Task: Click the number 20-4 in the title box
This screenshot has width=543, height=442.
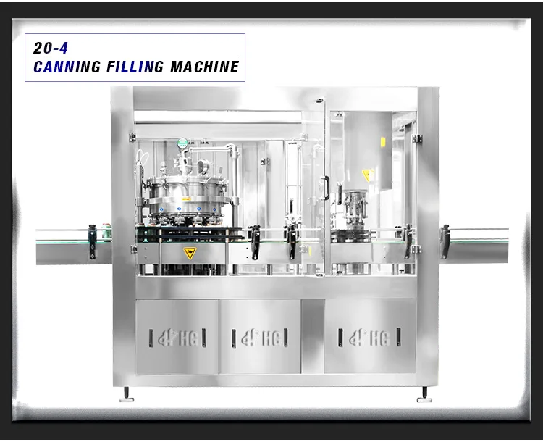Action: pyautogui.click(x=51, y=48)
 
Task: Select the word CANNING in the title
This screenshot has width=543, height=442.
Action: pyautogui.click(x=67, y=67)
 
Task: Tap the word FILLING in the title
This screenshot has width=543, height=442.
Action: pyautogui.click(x=135, y=67)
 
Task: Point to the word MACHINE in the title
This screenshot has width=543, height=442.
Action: pyautogui.click(x=205, y=67)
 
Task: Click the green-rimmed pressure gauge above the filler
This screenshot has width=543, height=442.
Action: pyautogui.click(x=183, y=143)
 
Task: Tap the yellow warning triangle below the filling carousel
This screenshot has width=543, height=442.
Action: pyautogui.click(x=190, y=254)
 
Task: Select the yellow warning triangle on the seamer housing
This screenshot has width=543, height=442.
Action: pyautogui.click(x=367, y=175)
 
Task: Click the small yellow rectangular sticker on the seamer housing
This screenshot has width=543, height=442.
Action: pyautogui.click(x=383, y=142)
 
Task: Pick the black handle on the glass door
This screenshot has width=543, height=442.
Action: pyautogui.click(x=327, y=188)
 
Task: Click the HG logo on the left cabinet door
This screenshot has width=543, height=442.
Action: pyautogui.click(x=178, y=338)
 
